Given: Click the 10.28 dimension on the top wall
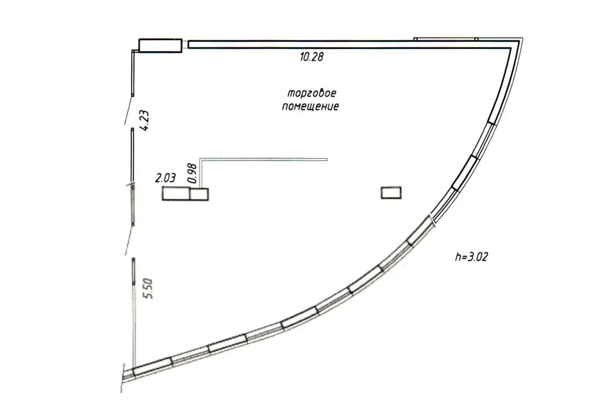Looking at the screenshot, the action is tap(311, 57).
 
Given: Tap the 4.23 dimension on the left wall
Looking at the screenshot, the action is tap(144, 120).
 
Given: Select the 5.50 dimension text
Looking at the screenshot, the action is tap(148, 289).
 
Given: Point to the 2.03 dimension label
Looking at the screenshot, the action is tap(165, 178).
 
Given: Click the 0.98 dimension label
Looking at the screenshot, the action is tap(193, 173).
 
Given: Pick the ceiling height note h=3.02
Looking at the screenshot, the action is tap(471, 257).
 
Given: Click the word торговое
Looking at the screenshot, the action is tap(312, 93).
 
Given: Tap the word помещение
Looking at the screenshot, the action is tap(310, 107).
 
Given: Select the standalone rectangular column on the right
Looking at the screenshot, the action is tap(391, 193).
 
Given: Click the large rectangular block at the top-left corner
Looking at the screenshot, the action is tap(160, 46).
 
